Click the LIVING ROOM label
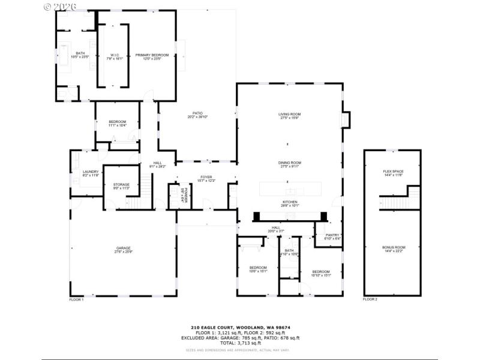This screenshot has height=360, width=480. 289,115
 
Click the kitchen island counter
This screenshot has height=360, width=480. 289,190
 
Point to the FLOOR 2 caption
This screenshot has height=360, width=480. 370,299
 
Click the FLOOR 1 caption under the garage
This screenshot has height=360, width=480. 76,299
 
